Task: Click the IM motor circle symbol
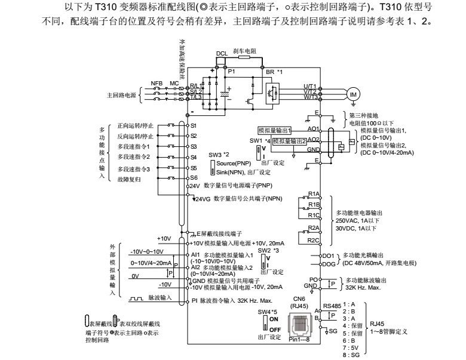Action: coord(353,94)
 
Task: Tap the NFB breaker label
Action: coord(157,83)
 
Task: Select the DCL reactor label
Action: coord(222,53)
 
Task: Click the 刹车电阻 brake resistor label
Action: coord(244,52)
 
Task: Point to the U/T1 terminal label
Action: coord(309,86)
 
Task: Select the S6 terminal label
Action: coord(194,177)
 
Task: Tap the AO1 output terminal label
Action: coord(312,128)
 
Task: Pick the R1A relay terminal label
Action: coord(314,194)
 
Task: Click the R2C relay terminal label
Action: coord(314,240)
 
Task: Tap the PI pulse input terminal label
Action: coord(194,300)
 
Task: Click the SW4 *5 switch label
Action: coord(268,312)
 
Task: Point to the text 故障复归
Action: coord(129,178)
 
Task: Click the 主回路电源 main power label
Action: coord(122,95)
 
